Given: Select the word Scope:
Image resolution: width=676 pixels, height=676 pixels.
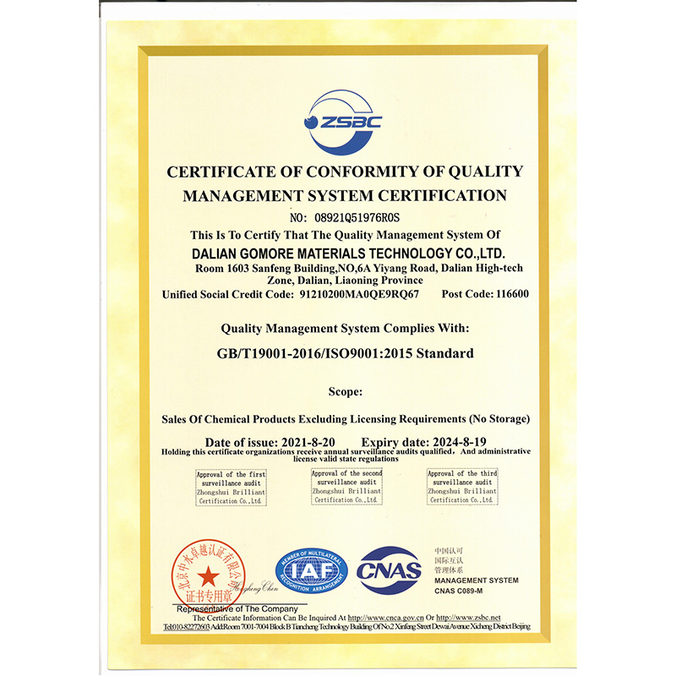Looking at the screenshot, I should [345, 391].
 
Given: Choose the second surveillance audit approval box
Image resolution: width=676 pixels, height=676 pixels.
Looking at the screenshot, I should [346, 488].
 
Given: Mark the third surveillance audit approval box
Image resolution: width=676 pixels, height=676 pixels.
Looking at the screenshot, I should [462, 488].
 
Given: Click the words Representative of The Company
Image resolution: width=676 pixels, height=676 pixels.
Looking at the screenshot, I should [236, 608].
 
